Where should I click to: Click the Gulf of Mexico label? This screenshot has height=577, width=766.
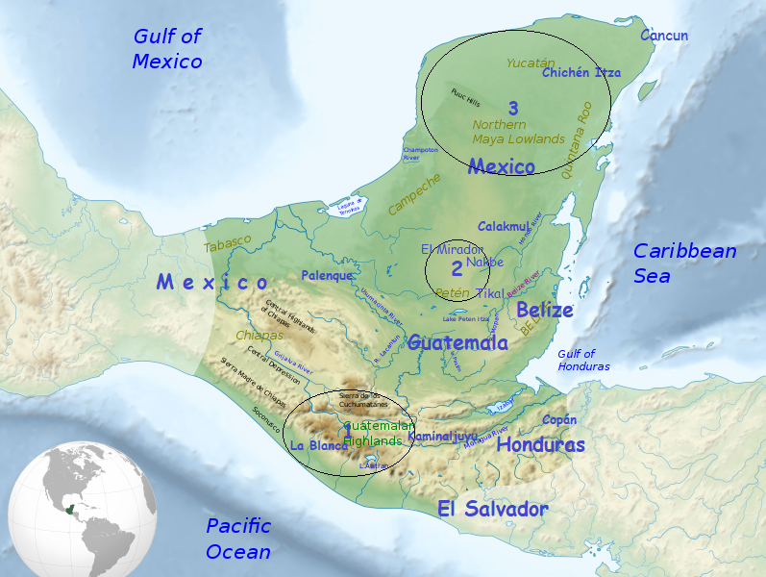coord(167,49)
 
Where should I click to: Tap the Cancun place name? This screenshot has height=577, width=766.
coord(665,36)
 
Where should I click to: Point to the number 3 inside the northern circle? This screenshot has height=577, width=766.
coord(513,108)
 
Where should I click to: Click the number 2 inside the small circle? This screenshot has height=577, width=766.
coord(457,270)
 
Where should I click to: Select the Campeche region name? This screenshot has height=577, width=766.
coord(414,193)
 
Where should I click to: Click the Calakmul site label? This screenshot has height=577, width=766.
coord(505,226)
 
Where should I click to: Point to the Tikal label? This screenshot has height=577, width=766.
coord(489,293)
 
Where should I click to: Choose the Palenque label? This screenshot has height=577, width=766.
coord(327,275)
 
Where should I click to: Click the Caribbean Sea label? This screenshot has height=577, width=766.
coord(685,263)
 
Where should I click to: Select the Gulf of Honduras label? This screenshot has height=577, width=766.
coord(583,360)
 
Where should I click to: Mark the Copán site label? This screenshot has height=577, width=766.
coord(559,419)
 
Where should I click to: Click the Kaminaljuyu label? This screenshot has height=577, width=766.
coord(443,436)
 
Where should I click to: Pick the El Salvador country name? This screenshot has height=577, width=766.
coord(492,509)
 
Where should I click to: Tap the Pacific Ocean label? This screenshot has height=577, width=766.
coord(238,539)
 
